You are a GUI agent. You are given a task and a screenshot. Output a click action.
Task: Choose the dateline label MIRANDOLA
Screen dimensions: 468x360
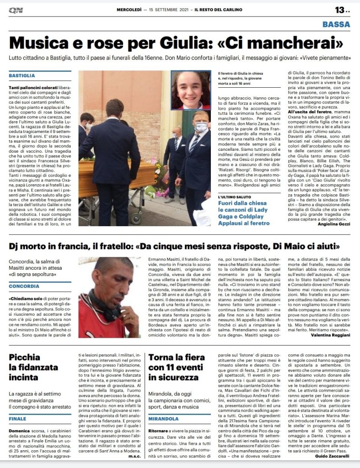click(163, 419)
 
